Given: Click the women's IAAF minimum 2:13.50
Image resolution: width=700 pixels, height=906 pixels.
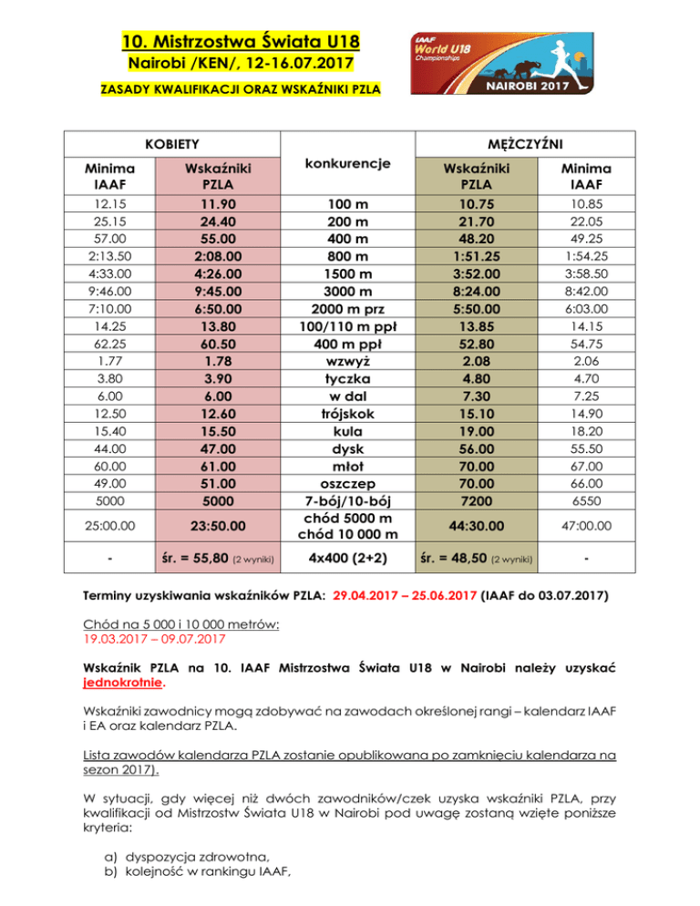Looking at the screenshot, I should (x=103, y=258).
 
